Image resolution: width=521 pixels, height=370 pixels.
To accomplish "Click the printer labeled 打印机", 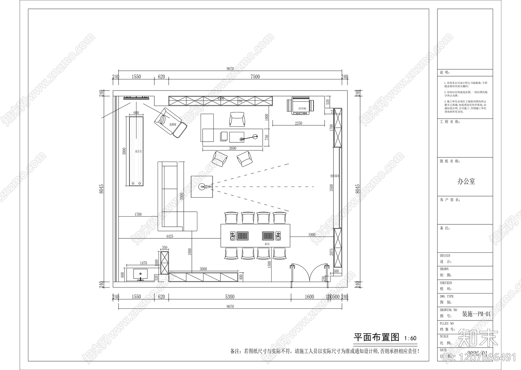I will click(301, 106).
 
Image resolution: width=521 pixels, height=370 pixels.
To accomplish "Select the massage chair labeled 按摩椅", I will click(171, 122).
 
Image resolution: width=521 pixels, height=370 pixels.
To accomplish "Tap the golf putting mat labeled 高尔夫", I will click(136, 151).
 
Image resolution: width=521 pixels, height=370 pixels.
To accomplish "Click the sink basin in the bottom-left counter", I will click(140, 274).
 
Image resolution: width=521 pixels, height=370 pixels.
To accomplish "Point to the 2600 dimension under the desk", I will click(232, 148).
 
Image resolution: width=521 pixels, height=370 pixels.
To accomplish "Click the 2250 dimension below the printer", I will click(298, 123).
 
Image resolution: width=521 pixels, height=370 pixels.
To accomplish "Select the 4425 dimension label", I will click(169, 236).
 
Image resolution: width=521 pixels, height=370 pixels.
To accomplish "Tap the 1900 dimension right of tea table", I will click(312, 235).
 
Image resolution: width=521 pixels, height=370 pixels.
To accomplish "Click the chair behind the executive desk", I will click(237, 119).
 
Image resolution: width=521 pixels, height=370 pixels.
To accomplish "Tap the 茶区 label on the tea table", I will click(267, 244).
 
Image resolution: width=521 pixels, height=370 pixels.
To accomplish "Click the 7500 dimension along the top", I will click(255, 77).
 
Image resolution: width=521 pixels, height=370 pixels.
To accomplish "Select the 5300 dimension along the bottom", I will click(230, 296).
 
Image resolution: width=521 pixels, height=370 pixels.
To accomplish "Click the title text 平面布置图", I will click(376, 337).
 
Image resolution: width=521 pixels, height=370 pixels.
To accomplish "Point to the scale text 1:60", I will click(410, 338).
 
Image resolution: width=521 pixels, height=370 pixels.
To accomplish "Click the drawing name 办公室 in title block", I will click(466, 181).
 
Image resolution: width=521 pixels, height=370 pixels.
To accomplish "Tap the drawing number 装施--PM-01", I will click(476, 314).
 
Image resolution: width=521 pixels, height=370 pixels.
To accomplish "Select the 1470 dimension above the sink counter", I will click(143, 263).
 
